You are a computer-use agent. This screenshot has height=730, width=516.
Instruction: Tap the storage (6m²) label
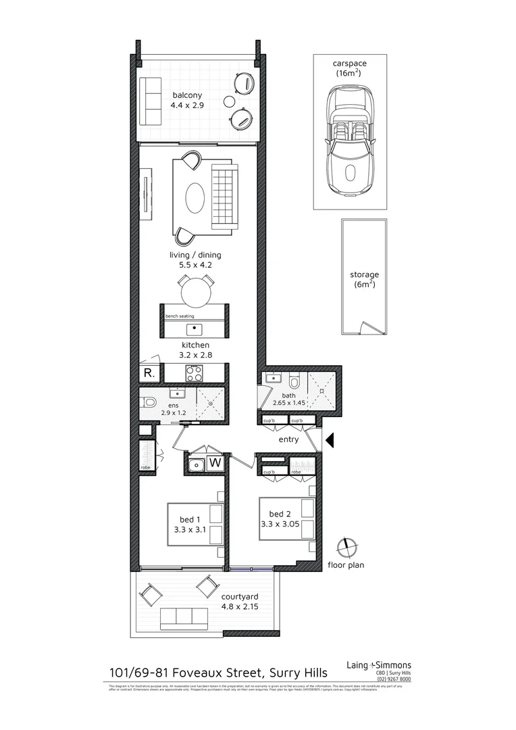[x=364, y=279]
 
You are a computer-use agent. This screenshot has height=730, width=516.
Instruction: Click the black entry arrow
[x=329, y=441]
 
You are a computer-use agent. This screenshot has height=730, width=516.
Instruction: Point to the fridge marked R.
[x=147, y=373]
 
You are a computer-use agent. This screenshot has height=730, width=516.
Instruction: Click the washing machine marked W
[x=215, y=463]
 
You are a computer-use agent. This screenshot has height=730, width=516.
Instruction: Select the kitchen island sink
[x=195, y=329]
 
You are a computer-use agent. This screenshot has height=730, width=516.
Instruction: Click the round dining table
[x=196, y=291]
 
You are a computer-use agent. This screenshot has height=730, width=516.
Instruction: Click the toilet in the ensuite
[x=149, y=404]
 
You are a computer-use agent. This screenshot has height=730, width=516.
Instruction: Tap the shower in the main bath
[x=321, y=389]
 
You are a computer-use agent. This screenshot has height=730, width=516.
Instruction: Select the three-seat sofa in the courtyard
[x=183, y=616]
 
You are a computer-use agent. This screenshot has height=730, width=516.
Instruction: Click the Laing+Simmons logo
[x=378, y=665]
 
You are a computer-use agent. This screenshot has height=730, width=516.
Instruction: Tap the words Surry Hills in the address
[x=298, y=673]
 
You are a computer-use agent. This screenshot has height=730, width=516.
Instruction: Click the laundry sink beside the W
[x=196, y=464]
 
